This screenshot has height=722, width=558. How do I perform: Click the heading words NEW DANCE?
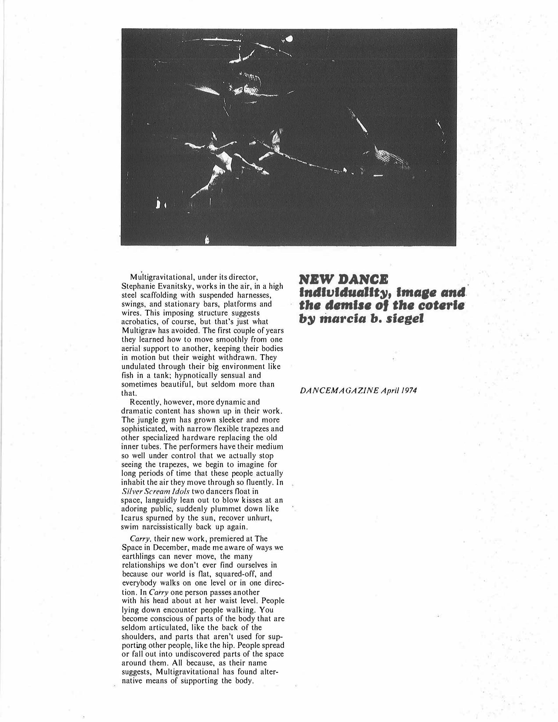(344, 280)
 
